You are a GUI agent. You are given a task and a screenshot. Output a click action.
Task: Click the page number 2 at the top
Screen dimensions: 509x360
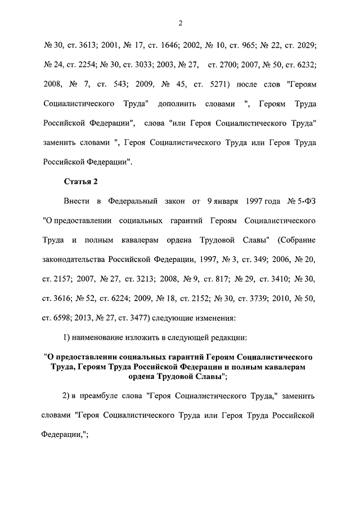180,23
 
